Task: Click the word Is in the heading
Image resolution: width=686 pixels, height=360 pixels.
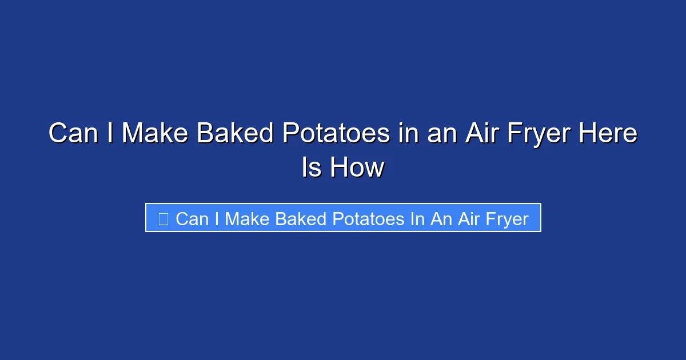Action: coord(312,167)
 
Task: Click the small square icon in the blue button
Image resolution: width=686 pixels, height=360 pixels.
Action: coord(163,218)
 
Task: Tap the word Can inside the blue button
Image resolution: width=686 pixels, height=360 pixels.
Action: coord(192,219)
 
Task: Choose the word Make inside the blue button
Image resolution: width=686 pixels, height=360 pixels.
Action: coord(248,219)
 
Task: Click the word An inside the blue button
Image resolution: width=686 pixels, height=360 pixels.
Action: coord(441,219)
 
